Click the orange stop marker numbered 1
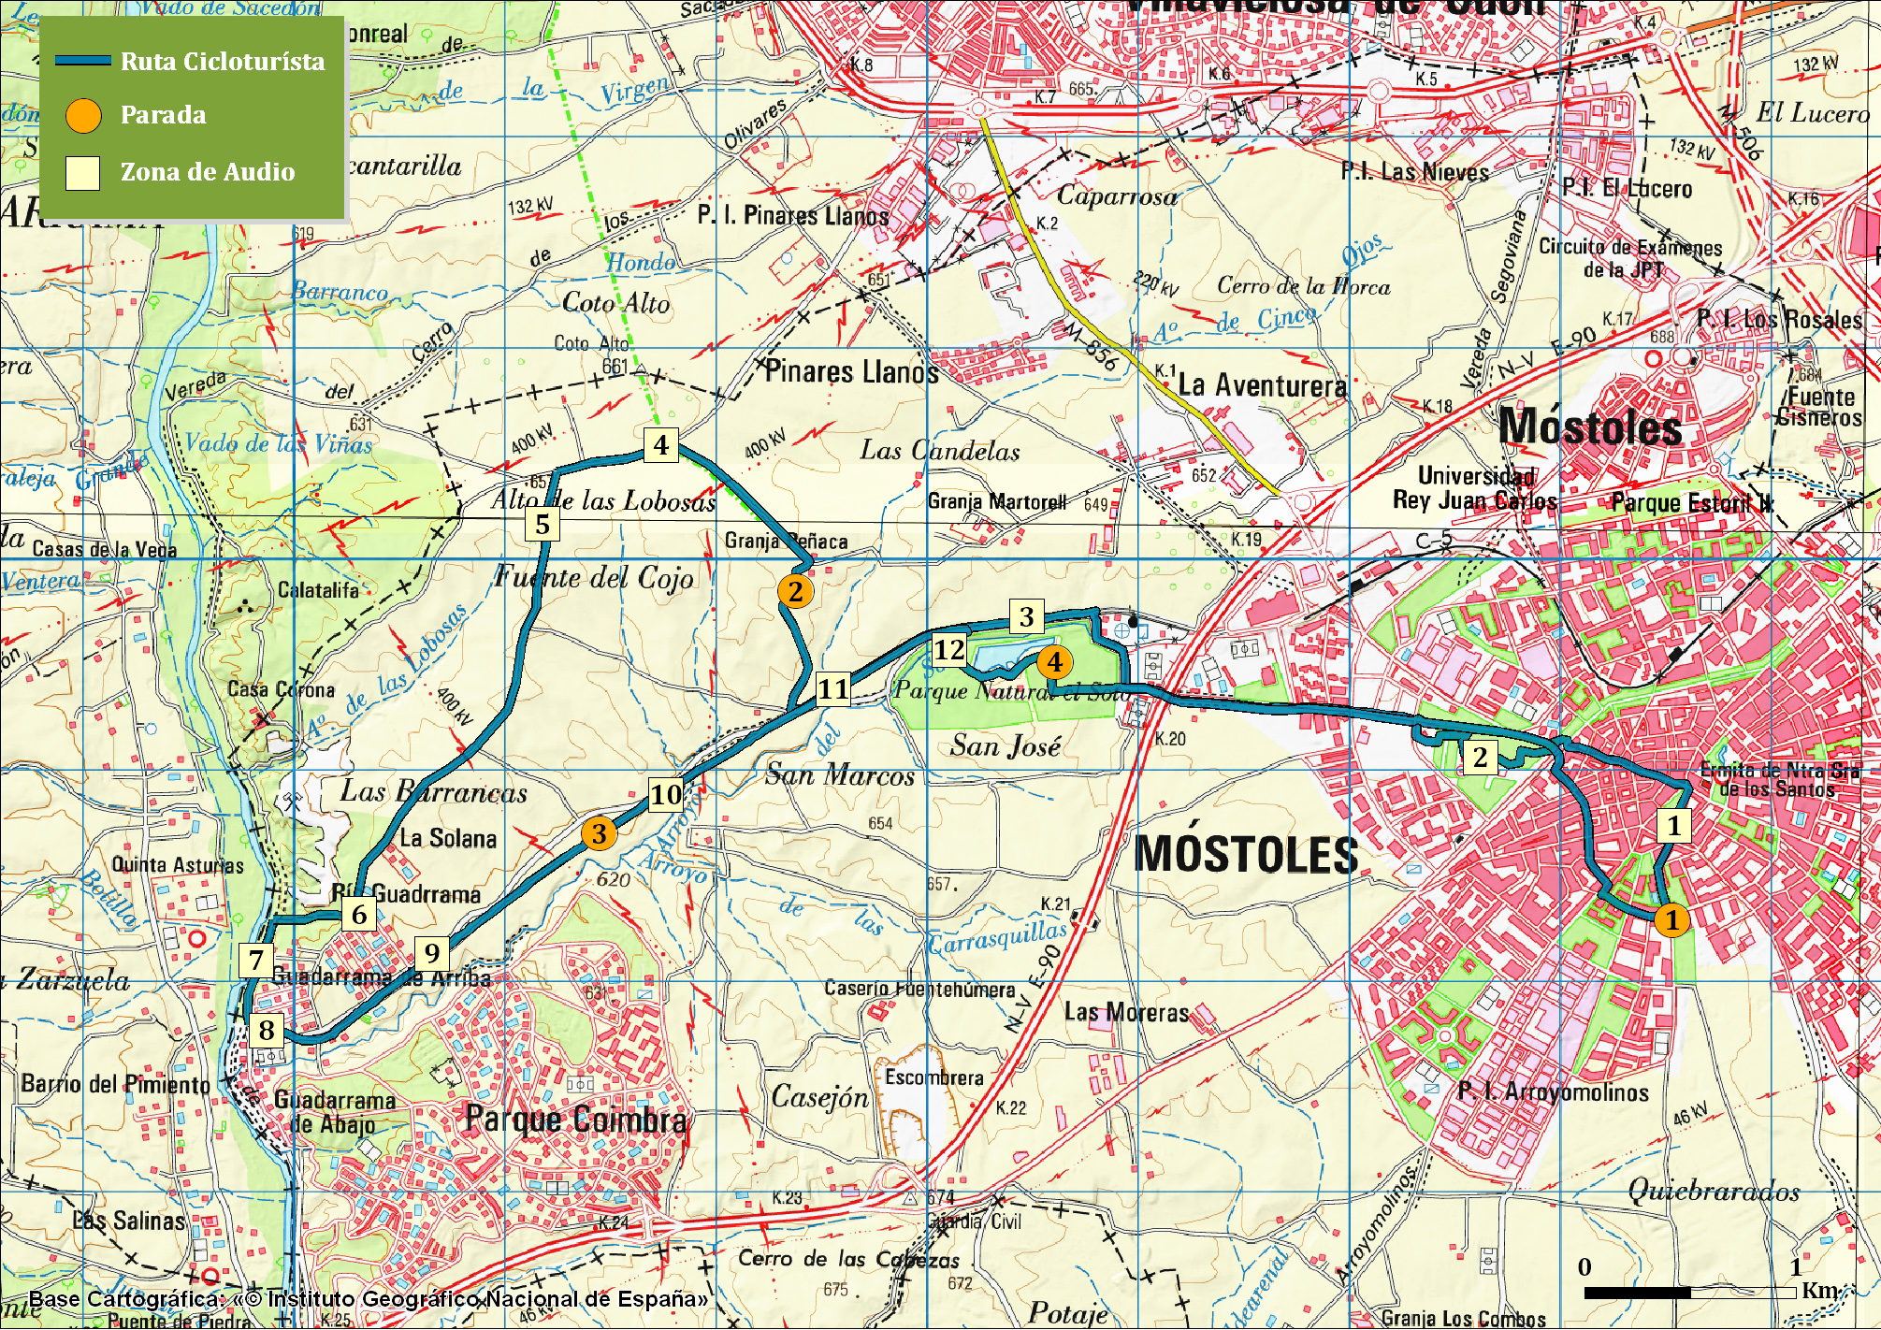[x=1671, y=919]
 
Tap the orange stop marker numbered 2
[x=795, y=591]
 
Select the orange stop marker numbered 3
[x=599, y=833]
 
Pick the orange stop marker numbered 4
[x=1054, y=662]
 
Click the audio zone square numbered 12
[x=948, y=649]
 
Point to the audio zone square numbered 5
[x=543, y=524]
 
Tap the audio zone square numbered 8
[x=267, y=1030]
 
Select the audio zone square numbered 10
[x=666, y=794]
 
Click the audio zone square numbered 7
[x=256, y=959]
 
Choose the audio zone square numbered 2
[x=1480, y=757]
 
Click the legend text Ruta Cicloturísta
[x=223, y=62]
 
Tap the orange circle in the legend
[x=83, y=115]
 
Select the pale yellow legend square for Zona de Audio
[x=83, y=173]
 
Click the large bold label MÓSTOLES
[x=1246, y=854]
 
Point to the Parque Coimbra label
[x=576, y=1120]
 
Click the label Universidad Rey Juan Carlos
[x=1475, y=488]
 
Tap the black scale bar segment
[x=1637, y=1293]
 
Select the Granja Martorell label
[x=996, y=502]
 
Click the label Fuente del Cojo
[x=594, y=577]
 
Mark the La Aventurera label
[x=1262, y=384]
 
